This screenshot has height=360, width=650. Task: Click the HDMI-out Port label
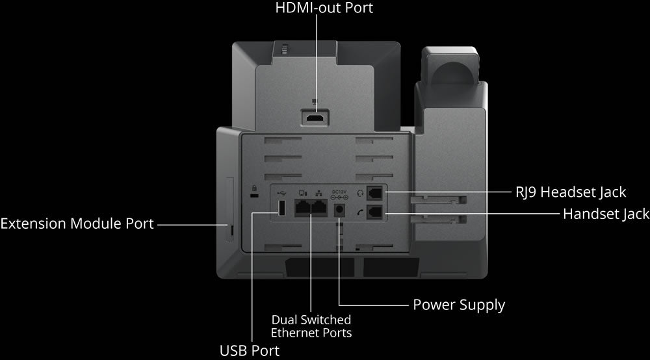324,7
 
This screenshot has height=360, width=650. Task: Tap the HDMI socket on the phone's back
315,118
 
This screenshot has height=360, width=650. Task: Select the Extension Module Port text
77,224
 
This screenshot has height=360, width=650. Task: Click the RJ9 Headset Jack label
571,192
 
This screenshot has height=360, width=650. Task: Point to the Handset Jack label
606,214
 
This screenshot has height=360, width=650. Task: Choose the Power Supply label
459,305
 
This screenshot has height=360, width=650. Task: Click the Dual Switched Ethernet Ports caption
311,326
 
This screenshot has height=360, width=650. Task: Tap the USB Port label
250,350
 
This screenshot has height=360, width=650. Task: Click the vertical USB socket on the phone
281,208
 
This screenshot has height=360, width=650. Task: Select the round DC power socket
340,211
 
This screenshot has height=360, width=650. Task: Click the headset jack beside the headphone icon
375,192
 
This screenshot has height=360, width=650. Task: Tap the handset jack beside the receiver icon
375,212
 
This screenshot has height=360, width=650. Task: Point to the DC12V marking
339,192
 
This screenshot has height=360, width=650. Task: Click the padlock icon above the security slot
255,188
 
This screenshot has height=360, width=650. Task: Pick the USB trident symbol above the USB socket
281,193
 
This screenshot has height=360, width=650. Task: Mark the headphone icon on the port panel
360,194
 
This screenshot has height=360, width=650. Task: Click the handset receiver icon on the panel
360,212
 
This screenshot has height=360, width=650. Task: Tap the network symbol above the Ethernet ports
318,193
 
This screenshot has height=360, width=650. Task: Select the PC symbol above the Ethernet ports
303,194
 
